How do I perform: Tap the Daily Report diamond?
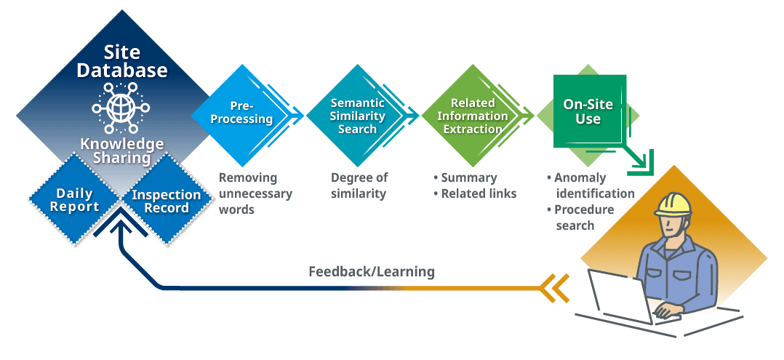pyautogui.click(x=74, y=199)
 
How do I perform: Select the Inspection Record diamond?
pyautogui.click(x=166, y=200)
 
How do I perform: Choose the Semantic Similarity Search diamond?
pyautogui.click(x=357, y=116)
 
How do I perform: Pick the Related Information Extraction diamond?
pyautogui.click(x=473, y=116)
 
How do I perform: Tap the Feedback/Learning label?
pyautogui.click(x=372, y=272)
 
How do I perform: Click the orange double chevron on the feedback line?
pyautogui.click(x=556, y=289)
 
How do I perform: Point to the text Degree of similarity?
pyautogui.click(x=359, y=185)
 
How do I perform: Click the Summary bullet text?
pyautogui.click(x=465, y=177)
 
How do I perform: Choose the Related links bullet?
pyautogui.click(x=474, y=193)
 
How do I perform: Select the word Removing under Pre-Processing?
pyautogui.click(x=248, y=177)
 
